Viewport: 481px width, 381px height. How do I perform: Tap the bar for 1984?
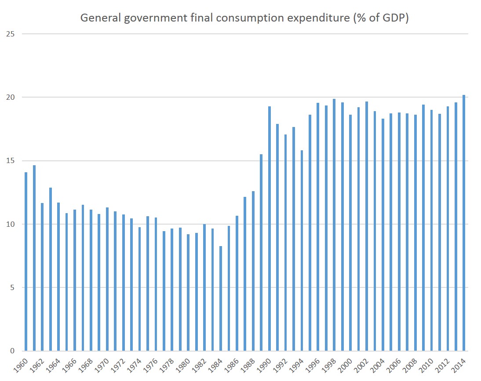point(221,298)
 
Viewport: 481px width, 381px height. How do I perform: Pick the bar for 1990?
point(270,229)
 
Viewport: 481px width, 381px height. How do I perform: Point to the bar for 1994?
point(302,250)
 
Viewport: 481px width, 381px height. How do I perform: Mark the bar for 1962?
point(42,277)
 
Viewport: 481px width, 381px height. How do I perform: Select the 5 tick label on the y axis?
point(12,288)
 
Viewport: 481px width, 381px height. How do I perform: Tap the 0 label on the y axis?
point(12,351)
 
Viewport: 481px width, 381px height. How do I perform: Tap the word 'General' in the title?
point(96,18)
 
